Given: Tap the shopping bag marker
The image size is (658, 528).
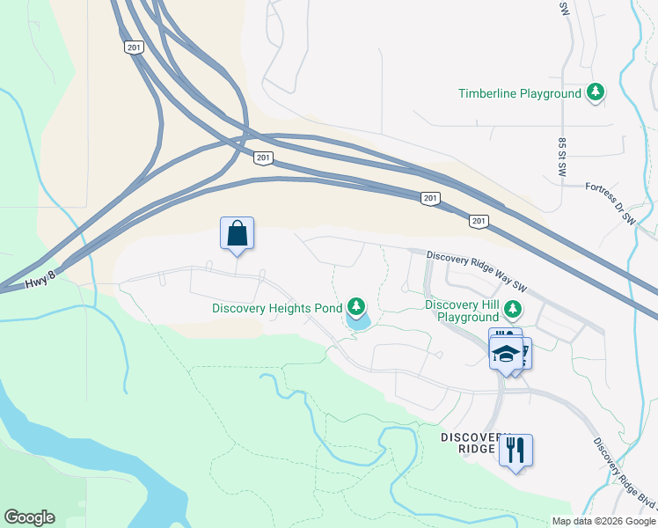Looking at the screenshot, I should (x=237, y=234).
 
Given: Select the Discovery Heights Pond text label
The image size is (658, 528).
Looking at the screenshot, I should (x=277, y=308).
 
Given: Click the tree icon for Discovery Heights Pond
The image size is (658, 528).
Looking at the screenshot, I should (x=355, y=306).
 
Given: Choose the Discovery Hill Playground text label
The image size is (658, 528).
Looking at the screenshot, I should (x=461, y=311).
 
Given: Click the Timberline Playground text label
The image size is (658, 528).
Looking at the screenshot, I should (x=520, y=93).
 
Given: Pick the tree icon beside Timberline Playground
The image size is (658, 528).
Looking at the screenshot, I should (x=596, y=92).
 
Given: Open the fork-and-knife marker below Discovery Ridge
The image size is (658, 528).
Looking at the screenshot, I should (x=515, y=451).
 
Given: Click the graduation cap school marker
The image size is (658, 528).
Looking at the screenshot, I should (x=506, y=354).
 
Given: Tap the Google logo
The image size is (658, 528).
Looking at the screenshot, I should (x=29, y=517).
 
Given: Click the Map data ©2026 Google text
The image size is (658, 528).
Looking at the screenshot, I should (x=603, y=521).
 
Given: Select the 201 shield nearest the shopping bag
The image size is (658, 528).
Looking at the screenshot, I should (x=263, y=158).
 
